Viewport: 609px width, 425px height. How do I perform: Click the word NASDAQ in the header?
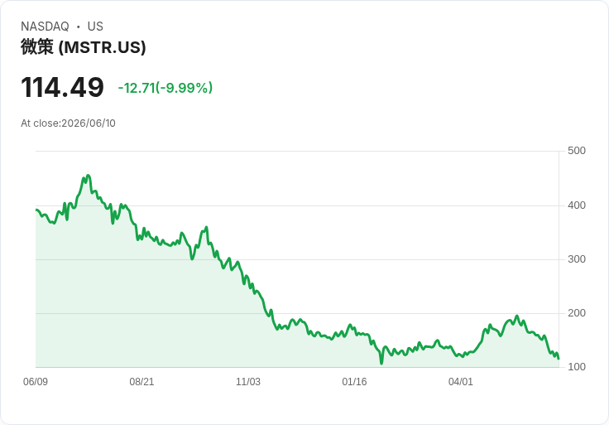click(45, 27)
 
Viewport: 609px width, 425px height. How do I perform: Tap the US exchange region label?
click(95, 27)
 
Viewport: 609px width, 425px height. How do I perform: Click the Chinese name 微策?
click(37, 47)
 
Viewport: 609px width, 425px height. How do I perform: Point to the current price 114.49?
click(63, 87)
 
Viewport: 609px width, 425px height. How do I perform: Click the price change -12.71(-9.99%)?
click(165, 88)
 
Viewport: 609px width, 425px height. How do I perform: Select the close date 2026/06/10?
click(89, 123)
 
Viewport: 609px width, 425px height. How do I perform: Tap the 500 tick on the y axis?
click(577, 151)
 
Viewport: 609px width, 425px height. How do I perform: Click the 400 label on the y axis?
click(577, 205)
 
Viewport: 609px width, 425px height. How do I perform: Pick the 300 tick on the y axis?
click(577, 259)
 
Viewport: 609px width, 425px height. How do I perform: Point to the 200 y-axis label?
click(577, 313)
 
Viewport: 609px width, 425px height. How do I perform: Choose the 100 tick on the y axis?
click(577, 367)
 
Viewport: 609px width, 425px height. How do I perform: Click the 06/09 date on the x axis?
click(36, 381)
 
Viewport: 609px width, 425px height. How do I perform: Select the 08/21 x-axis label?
click(141, 381)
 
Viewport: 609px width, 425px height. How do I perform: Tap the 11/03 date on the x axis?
click(248, 381)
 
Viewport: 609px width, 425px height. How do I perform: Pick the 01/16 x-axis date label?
click(354, 381)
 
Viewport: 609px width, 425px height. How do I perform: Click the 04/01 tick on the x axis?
click(461, 381)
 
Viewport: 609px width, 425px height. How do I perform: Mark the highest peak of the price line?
click(89, 176)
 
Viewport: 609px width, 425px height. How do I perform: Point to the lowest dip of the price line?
click(381, 364)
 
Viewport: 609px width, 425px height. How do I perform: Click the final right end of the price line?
click(559, 359)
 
